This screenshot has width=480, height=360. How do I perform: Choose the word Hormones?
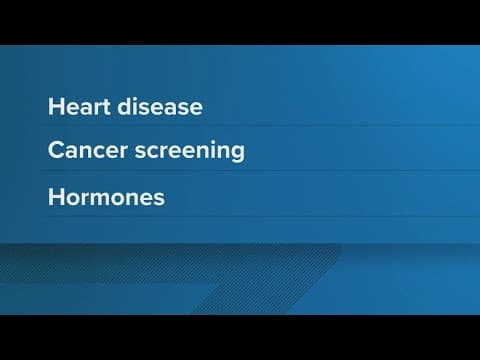106,197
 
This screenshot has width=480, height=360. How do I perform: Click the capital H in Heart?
55,106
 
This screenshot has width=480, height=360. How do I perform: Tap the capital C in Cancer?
56,151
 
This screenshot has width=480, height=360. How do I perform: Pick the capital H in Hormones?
55,197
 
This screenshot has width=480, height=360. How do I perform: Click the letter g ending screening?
237,154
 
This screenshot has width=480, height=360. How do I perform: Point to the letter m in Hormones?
100,198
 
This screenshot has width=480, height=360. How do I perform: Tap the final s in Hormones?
159,198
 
